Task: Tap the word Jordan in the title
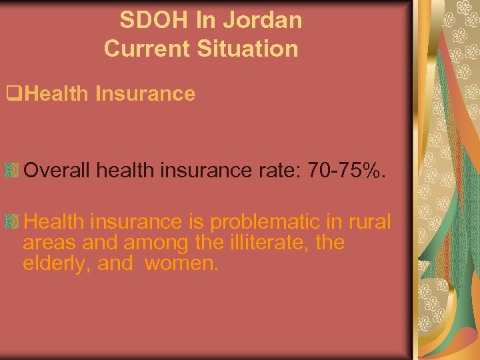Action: (263, 21)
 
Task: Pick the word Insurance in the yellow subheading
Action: (145, 94)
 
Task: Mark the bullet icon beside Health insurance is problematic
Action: (11, 221)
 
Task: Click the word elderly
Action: (57, 263)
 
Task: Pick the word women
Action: (181, 263)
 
